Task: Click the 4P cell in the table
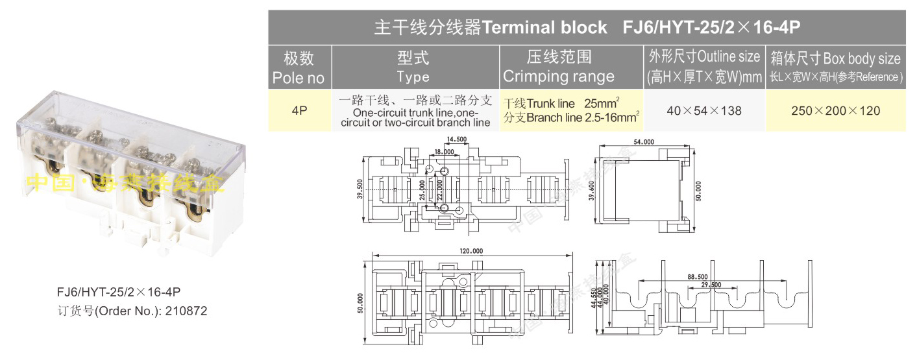coord(299,110)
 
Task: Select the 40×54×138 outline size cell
coord(704,110)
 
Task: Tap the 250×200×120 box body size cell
coord(836,110)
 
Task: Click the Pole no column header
coord(299,67)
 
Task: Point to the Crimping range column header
coord(559,67)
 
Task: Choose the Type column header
coord(413,67)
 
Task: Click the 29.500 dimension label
coord(711,285)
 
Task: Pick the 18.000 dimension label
coord(444,152)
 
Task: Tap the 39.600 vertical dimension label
coord(591,191)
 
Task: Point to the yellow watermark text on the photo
coord(124,184)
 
